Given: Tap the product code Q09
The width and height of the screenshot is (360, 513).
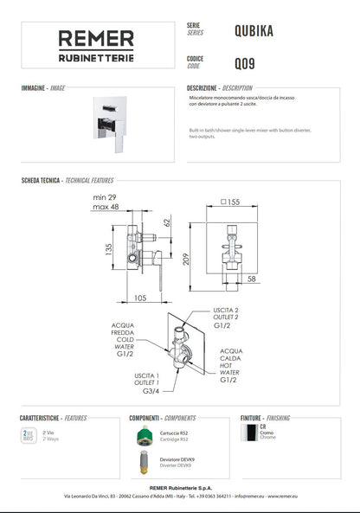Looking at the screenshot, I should [x=244, y=62].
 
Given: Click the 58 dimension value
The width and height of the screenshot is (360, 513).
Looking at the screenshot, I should [x=250, y=279].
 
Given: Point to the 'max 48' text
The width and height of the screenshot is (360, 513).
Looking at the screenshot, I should [x=106, y=207].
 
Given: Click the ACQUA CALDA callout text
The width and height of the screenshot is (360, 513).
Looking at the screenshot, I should [x=230, y=357].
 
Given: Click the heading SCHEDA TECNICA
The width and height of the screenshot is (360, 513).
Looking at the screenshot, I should [x=41, y=182].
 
